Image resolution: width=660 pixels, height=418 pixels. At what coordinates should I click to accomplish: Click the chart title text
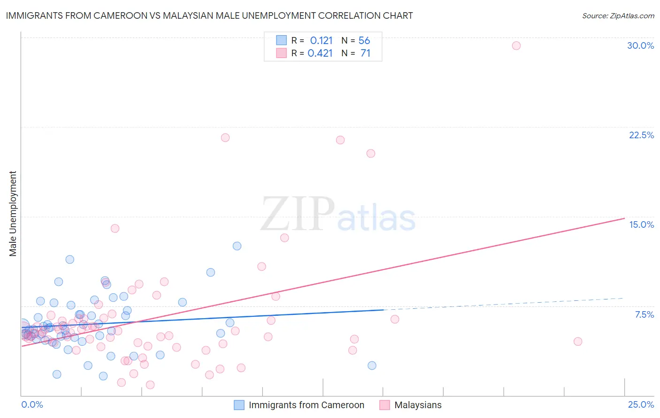pos(209,15)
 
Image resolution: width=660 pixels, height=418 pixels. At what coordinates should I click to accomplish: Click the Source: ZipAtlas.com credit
pos(618,15)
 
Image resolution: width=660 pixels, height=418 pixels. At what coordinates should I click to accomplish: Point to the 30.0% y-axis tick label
pos(640,45)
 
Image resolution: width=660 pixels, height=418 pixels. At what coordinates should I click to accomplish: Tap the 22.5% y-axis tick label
pos(641,135)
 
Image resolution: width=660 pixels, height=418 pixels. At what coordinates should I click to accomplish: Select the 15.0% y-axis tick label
pos(641,224)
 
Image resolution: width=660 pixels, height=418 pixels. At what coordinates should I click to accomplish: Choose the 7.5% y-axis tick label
pos(644,314)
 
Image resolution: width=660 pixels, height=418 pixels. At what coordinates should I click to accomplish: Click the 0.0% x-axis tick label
pos(32,404)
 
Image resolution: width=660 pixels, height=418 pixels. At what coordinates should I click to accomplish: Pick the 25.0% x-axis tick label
pos(641,404)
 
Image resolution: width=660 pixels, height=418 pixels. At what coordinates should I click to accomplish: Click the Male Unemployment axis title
pos(13,214)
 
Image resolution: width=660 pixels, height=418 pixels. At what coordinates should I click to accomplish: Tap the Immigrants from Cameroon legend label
pos(306,405)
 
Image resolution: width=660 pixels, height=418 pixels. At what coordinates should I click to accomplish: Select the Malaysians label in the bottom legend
pos(418,405)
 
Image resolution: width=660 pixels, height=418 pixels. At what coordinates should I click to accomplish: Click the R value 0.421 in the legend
pos(320,53)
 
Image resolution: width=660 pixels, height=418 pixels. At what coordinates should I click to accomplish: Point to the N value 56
pos(364,40)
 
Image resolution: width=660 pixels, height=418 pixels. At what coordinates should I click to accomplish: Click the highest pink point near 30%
pos(516,45)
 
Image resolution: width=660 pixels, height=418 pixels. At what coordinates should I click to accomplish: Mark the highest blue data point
pos(237,246)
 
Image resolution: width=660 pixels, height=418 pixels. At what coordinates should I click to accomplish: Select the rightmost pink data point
pos(578,342)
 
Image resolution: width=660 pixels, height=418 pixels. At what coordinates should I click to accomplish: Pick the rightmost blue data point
pos(372,366)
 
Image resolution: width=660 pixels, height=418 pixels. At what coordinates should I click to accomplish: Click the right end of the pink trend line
pos(624,218)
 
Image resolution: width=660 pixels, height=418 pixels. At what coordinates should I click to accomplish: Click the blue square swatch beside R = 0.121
pos(281,40)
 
